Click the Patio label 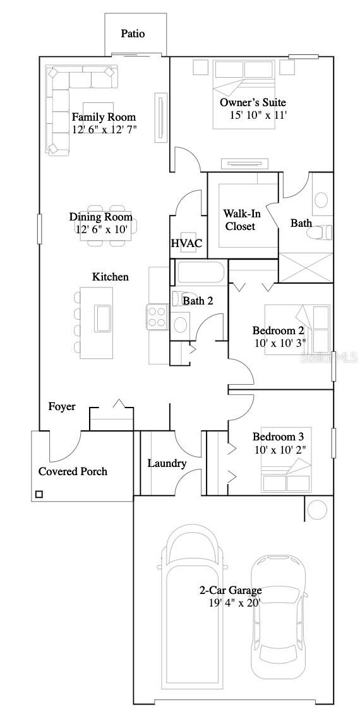(x=133, y=33)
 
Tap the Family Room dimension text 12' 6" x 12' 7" (x=104, y=130)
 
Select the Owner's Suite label (x=253, y=102)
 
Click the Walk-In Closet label (x=240, y=219)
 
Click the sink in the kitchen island (x=102, y=317)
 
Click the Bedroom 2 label (x=278, y=330)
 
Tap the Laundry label (x=167, y=463)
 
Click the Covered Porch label (x=73, y=471)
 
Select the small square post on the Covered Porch (x=39, y=494)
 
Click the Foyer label (x=62, y=406)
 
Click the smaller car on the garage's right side (x=278, y=616)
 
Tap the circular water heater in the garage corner (x=317, y=509)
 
